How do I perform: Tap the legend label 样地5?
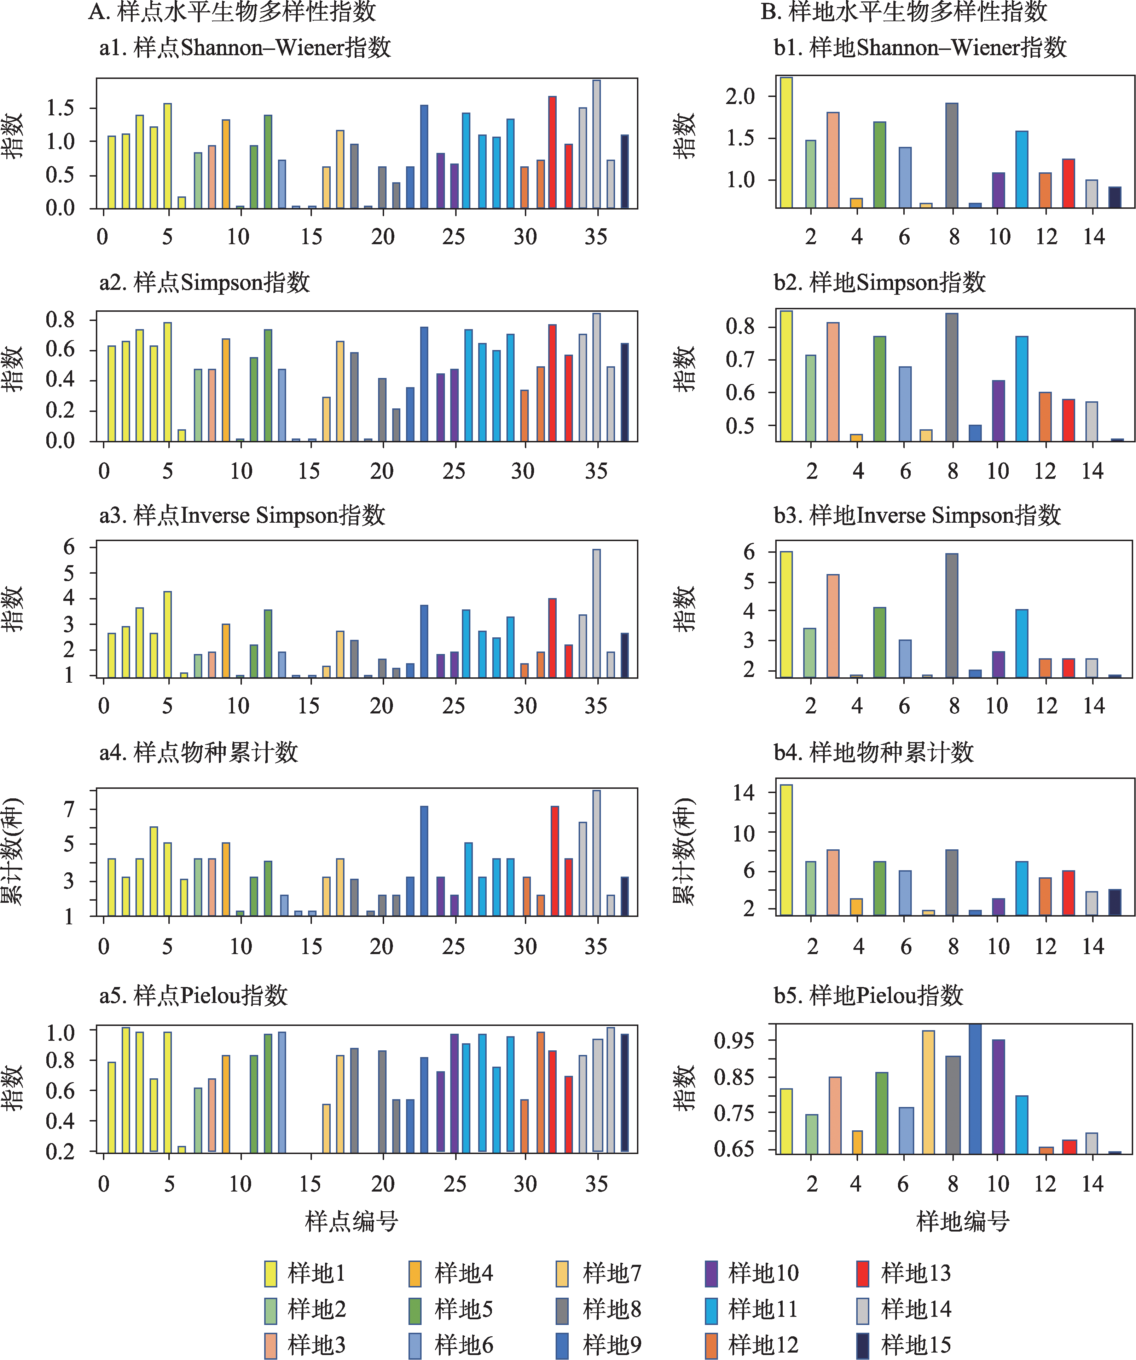(463, 1309)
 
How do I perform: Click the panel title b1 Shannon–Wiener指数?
(920, 48)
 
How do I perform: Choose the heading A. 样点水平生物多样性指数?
(232, 12)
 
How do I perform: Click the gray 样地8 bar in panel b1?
(951, 155)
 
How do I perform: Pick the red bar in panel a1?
(552, 152)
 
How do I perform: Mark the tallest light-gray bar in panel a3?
(596, 613)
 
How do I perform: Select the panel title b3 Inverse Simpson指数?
(917, 516)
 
